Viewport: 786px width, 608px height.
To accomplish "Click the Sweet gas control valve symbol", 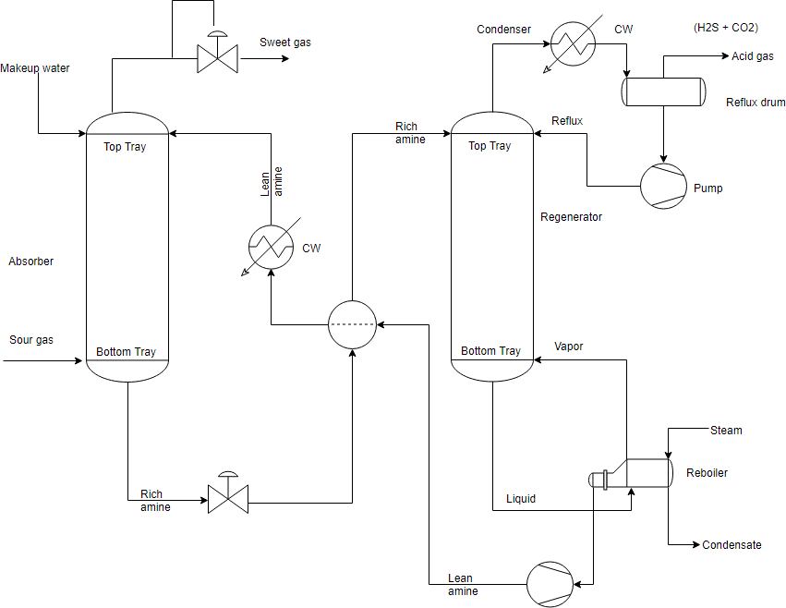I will pos(218,59).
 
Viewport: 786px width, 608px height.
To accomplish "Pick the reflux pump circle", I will pos(663,187).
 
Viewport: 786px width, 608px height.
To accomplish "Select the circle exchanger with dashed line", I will pos(353,324).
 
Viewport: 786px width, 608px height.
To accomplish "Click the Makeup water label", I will pos(35,68).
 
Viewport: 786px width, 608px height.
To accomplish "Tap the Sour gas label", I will pos(31,340).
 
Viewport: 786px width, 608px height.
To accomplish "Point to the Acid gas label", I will pos(752,56).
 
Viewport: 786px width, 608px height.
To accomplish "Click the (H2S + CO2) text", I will pos(726,28).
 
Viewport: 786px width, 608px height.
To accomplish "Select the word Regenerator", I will pos(571,217).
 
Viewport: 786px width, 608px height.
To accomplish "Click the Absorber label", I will pos(31,261).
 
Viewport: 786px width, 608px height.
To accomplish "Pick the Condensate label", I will pos(732,545).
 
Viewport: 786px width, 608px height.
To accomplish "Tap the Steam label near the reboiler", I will pos(726,430).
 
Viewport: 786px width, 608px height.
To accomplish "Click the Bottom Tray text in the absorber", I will pos(126,352).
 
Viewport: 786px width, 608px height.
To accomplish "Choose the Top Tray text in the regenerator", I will pos(490,146).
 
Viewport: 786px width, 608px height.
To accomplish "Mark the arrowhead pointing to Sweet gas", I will pos(284,59).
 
